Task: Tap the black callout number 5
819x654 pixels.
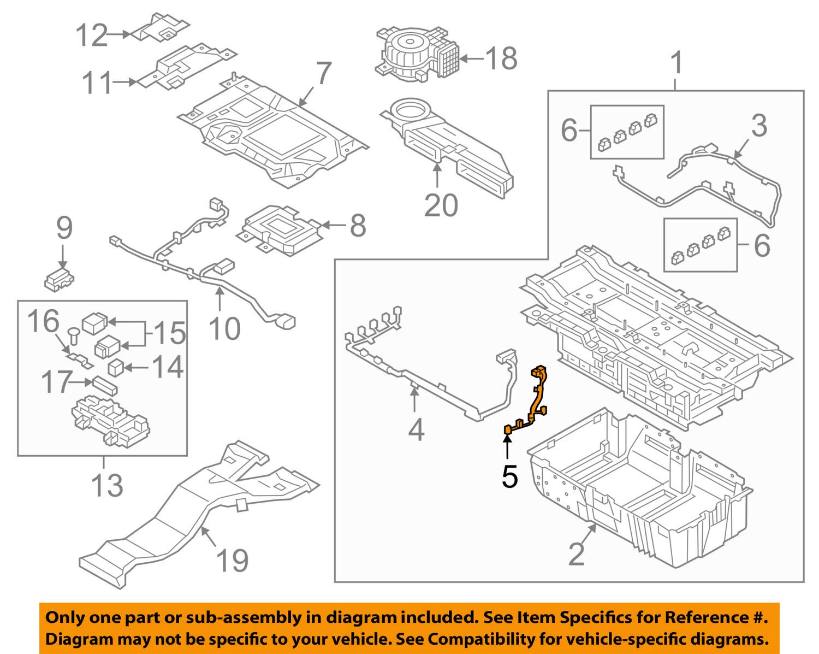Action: coord(509,476)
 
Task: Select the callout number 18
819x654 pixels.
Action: coord(501,58)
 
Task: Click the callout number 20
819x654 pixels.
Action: coord(441,205)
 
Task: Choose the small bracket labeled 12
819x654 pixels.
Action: coord(160,27)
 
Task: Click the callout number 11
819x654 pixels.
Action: coord(97,83)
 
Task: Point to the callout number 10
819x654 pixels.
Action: coord(224,328)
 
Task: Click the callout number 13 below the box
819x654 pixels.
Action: coord(107,485)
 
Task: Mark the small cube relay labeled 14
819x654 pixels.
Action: coord(115,367)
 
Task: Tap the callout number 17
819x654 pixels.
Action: coord(56,382)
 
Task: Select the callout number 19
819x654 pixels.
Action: coord(232,561)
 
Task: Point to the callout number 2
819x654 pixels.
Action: coord(576,555)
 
